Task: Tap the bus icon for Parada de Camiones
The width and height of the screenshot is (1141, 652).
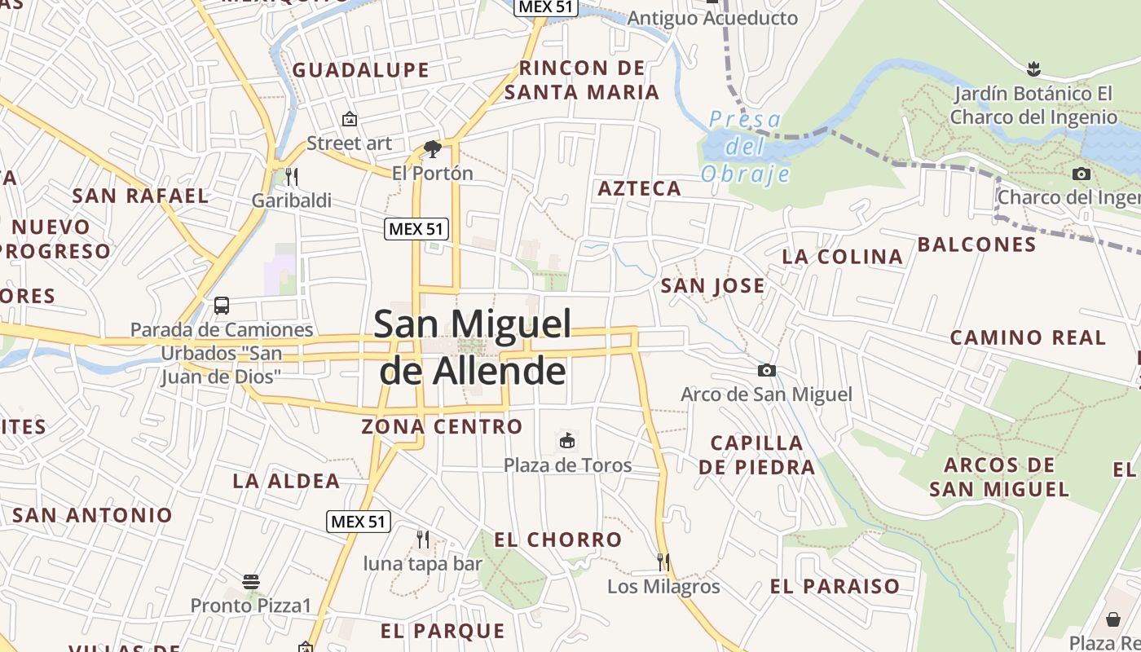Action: point(221,306)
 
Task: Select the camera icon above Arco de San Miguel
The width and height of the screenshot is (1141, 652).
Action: point(766,371)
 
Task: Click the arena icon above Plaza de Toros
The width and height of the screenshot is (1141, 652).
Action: point(566,442)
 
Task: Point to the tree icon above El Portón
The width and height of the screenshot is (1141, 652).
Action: point(432,149)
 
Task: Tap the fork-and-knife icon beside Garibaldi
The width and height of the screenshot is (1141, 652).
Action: point(291,176)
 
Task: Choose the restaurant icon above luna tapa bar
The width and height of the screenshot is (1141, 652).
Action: point(422,539)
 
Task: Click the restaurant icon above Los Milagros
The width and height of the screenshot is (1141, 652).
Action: point(663,562)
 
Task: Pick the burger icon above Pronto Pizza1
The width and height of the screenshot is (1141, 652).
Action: point(251,582)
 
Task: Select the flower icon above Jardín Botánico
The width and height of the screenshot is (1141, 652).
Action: point(1033,68)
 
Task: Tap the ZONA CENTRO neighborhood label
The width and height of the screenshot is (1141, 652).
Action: point(442,426)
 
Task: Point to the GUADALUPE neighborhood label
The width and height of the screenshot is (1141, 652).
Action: point(360,70)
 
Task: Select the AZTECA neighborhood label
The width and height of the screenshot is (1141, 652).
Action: point(640,189)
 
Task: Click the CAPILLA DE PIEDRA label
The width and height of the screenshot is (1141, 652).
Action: point(756,455)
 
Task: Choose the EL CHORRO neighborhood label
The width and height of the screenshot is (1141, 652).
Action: point(557,540)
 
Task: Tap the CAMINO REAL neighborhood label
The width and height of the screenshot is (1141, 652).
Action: point(1028,337)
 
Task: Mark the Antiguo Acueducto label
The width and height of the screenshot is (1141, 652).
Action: point(712,18)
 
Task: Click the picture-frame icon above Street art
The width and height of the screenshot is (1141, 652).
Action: point(350,119)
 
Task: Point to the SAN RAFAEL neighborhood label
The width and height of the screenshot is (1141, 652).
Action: point(140,196)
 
